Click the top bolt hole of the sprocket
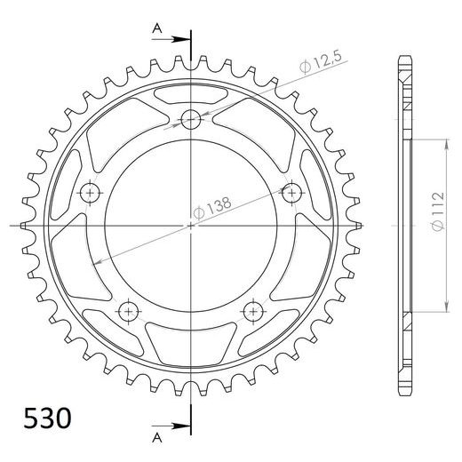(191, 120)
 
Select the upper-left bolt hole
(90, 193)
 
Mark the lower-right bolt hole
(253, 311)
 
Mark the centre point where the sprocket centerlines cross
(191, 226)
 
